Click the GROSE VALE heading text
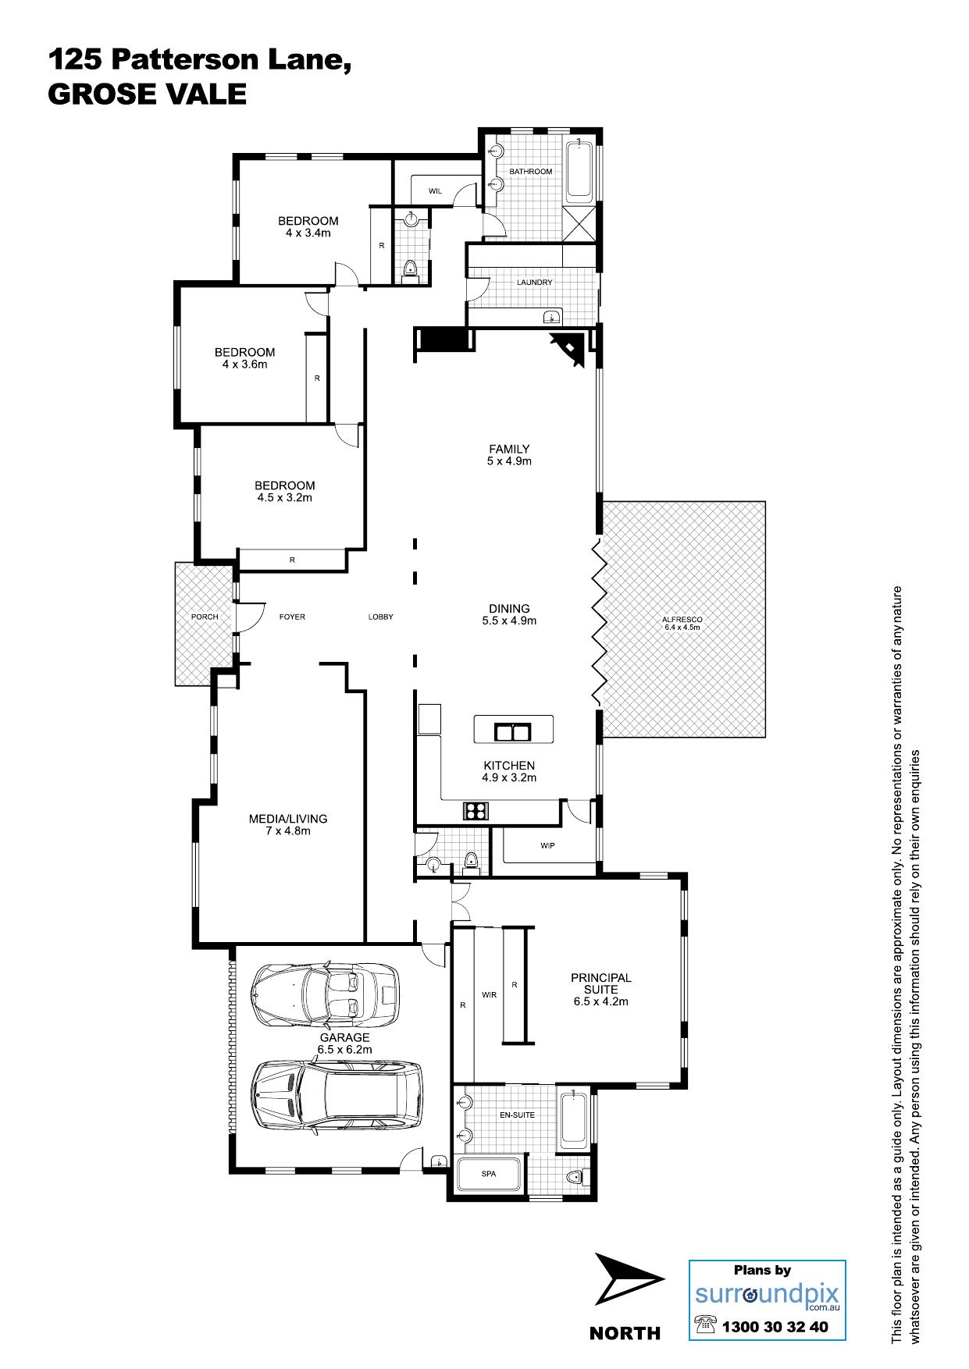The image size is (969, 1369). (148, 94)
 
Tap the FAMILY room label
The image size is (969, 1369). (509, 449)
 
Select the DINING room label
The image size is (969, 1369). (509, 609)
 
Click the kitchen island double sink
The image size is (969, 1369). (513, 732)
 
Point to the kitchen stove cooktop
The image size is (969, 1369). (475, 810)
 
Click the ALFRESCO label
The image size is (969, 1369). (682, 620)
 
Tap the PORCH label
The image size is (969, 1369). (205, 617)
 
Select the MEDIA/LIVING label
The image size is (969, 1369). (288, 819)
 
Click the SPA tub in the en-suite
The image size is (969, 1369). (489, 1173)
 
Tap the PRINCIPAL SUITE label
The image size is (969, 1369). (600, 983)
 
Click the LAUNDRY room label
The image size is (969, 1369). (535, 283)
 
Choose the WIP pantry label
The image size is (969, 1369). (547, 845)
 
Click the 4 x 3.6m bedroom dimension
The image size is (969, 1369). (244, 364)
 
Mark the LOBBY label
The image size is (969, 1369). (381, 617)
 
